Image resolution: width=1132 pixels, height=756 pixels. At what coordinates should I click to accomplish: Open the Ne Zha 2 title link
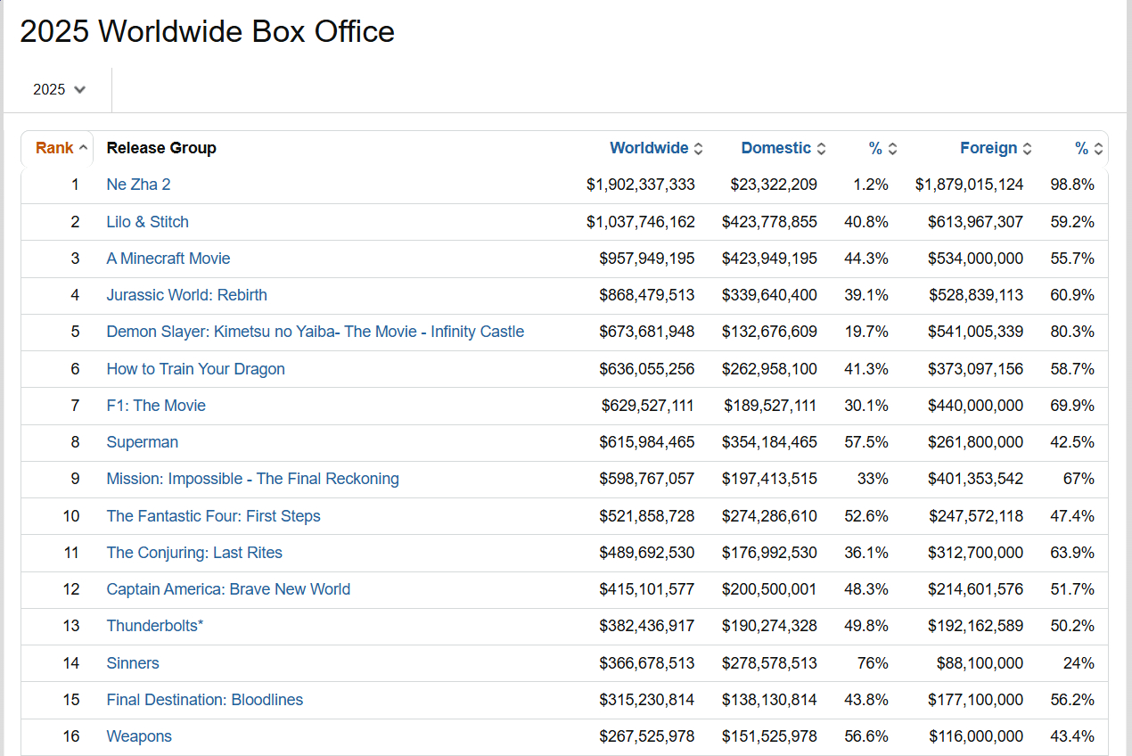[138, 185]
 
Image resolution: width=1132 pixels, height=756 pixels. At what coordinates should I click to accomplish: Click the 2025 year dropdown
[59, 89]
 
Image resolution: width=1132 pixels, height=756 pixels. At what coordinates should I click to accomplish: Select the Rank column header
[54, 148]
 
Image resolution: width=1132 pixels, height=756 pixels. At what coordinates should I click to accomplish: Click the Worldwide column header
[649, 148]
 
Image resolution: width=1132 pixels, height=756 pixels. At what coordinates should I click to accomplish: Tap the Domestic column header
[775, 148]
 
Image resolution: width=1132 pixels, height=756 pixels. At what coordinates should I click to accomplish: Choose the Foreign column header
[988, 148]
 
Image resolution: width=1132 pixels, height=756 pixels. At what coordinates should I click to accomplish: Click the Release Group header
[161, 148]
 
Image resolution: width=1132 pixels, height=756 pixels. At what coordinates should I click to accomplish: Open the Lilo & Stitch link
[147, 222]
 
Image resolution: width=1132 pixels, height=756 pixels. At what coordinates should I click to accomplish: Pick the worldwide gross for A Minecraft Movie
[646, 259]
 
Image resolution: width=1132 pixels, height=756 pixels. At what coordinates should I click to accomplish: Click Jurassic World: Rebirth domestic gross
[769, 295]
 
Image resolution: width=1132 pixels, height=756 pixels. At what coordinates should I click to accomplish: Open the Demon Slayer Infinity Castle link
[315, 332]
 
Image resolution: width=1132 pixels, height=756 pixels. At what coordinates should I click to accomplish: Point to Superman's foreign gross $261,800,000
[976, 442]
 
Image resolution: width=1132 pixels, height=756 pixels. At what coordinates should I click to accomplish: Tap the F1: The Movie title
[156, 406]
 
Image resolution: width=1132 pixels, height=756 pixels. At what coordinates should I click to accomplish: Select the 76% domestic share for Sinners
[872, 663]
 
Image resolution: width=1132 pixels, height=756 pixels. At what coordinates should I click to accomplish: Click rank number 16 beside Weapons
[71, 736]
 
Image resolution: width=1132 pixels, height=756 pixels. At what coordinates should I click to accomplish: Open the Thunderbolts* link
[155, 626]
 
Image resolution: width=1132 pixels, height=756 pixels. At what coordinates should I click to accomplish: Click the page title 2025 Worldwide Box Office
[207, 32]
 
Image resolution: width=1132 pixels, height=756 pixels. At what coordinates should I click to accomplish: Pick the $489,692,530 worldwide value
[646, 553]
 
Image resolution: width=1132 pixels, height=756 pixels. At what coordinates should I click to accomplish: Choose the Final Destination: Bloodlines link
[204, 700]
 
